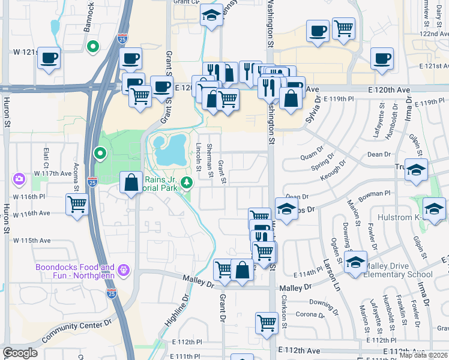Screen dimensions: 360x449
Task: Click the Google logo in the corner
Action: tap(20, 353)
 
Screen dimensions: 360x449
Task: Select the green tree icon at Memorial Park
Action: tap(187, 182)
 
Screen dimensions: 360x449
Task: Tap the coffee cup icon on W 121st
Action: tap(49, 58)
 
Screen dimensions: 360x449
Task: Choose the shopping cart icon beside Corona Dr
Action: tap(267, 323)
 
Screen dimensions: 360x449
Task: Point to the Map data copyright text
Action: tap(423, 355)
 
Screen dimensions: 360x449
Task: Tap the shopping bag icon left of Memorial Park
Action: tap(131, 182)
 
